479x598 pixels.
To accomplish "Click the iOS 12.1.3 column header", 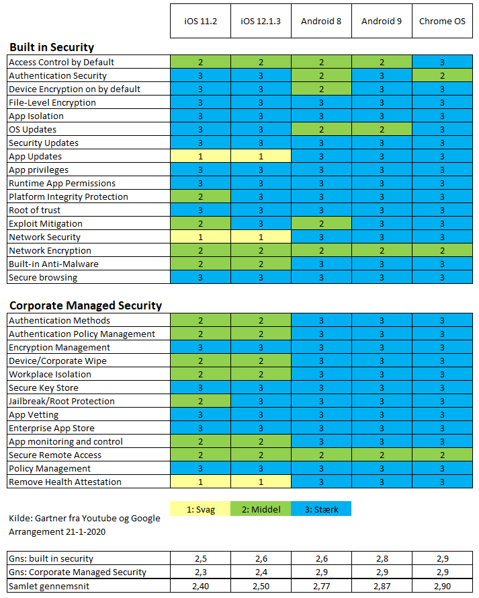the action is tap(261, 21).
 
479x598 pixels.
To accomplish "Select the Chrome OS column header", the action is tap(442, 21).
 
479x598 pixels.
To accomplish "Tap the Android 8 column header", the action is tap(321, 21).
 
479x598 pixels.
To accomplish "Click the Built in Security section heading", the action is tap(52, 47).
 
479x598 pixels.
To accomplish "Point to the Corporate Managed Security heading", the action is tap(86, 305).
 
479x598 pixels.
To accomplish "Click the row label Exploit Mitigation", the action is tap(46, 223).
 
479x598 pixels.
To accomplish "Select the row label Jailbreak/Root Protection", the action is tap(62, 401).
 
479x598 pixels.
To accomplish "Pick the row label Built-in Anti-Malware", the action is tap(54, 264).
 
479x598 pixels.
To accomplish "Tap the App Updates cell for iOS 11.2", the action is tap(200, 156).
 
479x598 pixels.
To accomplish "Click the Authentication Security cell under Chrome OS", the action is tap(442, 75).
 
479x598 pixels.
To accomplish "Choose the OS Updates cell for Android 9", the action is tap(382, 129).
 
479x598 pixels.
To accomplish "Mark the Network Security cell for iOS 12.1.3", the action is tap(261, 237).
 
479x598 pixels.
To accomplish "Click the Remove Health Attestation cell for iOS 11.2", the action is tap(200, 482).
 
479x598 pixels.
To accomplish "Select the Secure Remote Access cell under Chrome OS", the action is tap(442, 455).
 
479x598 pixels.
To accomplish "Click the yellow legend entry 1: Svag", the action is tap(200, 509).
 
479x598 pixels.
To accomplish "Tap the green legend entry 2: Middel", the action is tap(261, 509).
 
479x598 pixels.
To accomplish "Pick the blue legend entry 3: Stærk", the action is tap(321, 509).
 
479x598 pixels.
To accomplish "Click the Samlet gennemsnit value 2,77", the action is tap(321, 586).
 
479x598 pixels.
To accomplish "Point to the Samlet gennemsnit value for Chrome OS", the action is tap(443, 586).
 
